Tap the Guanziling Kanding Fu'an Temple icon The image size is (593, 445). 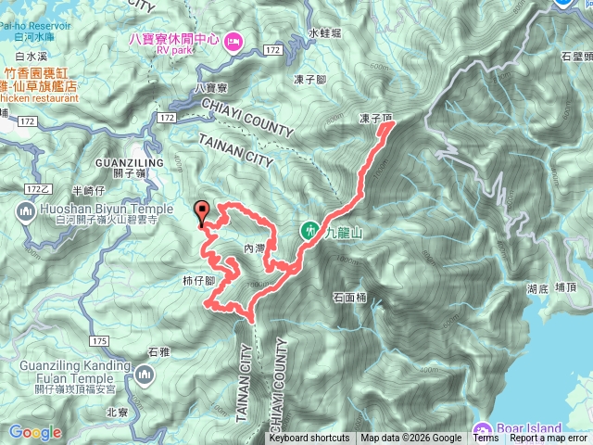(145, 375)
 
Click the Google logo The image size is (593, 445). (35, 432)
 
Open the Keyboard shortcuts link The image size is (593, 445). (310, 439)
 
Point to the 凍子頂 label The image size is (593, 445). (375, 120)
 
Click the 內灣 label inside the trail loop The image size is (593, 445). (254, 248)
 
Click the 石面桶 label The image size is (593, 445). (350, 298)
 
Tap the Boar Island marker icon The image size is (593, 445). (482, 429)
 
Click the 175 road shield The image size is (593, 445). (101, 341)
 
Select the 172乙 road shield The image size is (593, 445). (38, 188)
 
